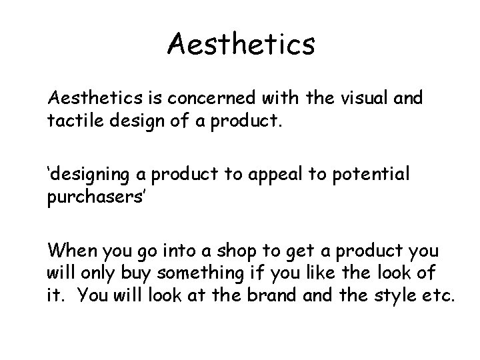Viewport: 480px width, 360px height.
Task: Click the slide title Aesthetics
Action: pyautogui.click(x=241, y=45)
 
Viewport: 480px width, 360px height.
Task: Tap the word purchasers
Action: pyautogui.click(x=91, y=198)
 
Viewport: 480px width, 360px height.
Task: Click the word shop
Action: pyautogui.click(x=249, y=252)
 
